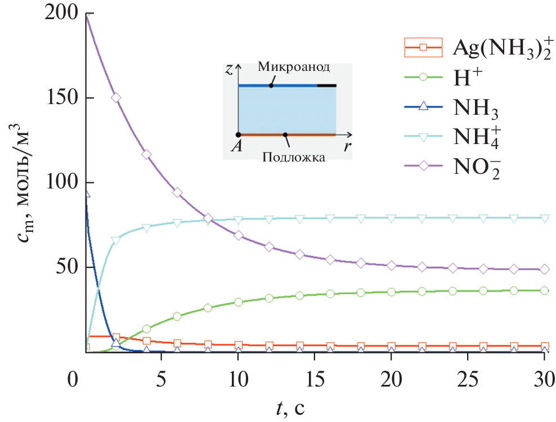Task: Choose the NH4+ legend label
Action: tap(479, 137)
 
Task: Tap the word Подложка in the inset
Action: tap(294, 157)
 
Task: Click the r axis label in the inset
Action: tap(349, 146)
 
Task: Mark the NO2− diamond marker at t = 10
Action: tap(238, 235)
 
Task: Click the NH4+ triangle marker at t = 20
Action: tap(391, 218)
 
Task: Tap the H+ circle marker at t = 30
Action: tap(544, 291)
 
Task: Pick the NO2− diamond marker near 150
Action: tap(116, 97)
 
